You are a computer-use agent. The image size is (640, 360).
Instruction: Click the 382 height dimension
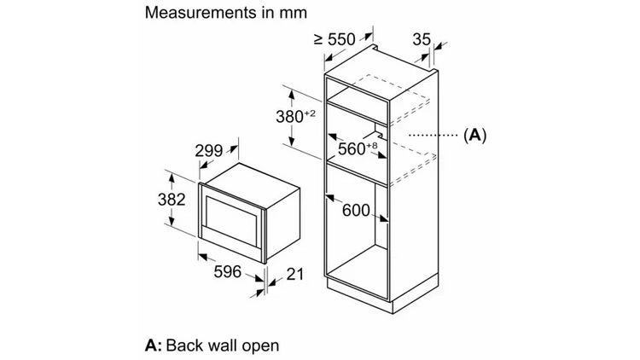172,199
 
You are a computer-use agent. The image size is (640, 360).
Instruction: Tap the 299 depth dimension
208,151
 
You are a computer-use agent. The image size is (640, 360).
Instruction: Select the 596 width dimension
227,271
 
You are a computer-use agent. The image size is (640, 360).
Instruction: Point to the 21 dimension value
294,275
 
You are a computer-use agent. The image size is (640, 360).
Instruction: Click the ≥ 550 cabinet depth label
335,39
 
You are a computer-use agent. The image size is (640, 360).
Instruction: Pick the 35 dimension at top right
422,39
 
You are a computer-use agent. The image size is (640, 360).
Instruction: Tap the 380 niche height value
289,117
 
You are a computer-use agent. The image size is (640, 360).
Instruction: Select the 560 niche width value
352,149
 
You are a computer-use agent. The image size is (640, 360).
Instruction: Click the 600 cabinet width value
356,210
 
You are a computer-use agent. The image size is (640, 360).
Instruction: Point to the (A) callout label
475,135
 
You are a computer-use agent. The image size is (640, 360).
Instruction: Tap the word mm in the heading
293,14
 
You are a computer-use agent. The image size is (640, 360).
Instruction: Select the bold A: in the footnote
154,345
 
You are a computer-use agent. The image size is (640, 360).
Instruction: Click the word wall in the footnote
224,345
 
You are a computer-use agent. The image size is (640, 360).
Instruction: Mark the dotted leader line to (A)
433,135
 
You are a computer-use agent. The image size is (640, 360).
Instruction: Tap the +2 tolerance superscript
310,113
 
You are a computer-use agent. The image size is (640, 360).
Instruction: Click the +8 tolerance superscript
372,145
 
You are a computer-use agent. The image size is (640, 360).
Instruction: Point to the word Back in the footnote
185,345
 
